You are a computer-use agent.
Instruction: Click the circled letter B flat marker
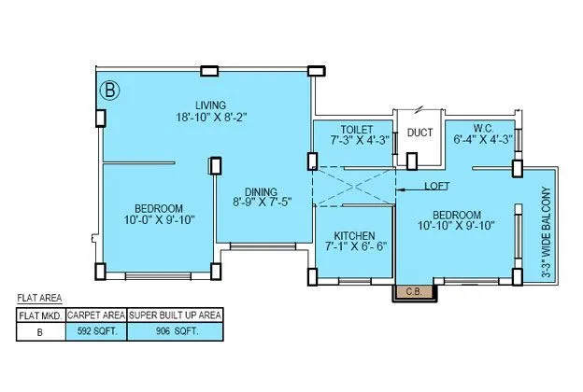click(111, 91)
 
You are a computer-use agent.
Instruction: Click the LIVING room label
click(210, 105)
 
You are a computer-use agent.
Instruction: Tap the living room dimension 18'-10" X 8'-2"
click(210, 117)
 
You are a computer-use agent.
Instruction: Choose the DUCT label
click(419, 133)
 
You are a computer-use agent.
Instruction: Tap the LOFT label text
click(437, 186)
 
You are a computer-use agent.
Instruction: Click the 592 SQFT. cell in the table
click(95, 330)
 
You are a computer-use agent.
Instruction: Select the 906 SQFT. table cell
click(175, 330)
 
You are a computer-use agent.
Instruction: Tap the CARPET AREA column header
click(95, 315)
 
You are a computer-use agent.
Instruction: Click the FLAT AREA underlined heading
click(40, 299)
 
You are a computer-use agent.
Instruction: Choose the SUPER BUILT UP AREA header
click(175, 315)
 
